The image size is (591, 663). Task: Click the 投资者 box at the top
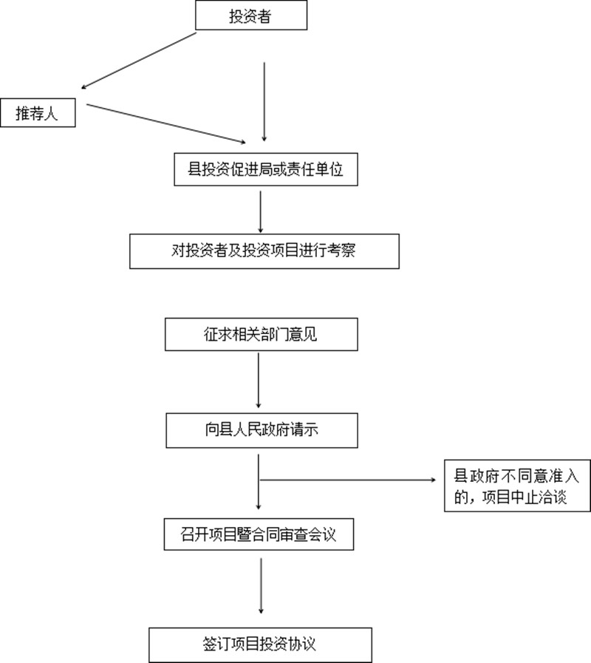click(x=251, y=16)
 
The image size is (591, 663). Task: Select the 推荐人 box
click(x=38, y=112)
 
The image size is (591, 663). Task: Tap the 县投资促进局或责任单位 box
click(x=266, y=169)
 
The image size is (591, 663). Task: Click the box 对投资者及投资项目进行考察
click(x=264, y=251)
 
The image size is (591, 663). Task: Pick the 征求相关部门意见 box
click(x=262, y=334)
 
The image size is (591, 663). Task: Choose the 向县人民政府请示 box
click(x=262, y=430)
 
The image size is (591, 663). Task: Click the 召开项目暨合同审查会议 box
click(x=259, y=534)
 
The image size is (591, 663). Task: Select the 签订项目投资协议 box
click(x=261, y=645)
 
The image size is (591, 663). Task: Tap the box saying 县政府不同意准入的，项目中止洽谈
click(x=517, y=486)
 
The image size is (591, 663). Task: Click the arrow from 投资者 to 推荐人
click(x=139, y=61)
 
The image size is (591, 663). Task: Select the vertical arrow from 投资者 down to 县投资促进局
click(x=264, y=102)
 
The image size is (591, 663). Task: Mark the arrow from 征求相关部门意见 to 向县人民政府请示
click(x=259, y=381)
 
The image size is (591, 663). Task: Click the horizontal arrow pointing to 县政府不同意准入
click(x=347, y=480)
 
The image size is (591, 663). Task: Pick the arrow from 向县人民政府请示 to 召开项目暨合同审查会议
click(x=259, y=482)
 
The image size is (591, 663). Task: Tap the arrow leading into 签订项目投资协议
click(x=261, y=586)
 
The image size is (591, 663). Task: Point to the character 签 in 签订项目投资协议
click(x=210, y=645)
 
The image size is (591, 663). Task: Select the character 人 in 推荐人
click(x=51, y=113)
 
